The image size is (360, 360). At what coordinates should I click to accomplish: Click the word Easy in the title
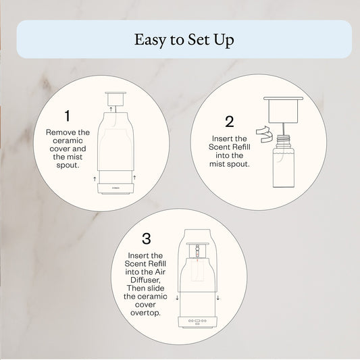(151, 39)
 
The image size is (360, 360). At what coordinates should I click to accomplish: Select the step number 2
(230, 122)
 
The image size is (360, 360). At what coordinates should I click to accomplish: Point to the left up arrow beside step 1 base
(93, 179)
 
